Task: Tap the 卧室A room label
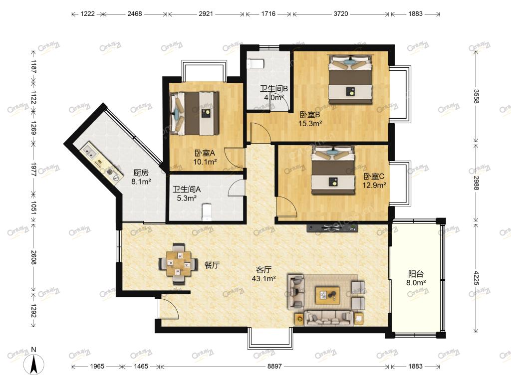[205, 153]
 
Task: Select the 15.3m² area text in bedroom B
[310, 124]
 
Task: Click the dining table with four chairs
[178, 263]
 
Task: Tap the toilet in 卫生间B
[255, 64]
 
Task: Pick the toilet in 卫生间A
[207, 212]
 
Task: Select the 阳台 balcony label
[416, 274]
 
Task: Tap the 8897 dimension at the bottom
[274, 367]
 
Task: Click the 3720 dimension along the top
[340, 13]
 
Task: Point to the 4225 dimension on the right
[476, 278]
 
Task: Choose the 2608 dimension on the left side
[33, 257]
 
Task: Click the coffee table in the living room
[327, 295]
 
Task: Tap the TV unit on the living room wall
[332, 227]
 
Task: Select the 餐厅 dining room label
[212, 265]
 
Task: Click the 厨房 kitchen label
[141, 173]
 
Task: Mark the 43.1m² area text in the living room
[264, 278]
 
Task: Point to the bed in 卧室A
[194, 113]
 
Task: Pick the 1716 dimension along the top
[268, 13]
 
